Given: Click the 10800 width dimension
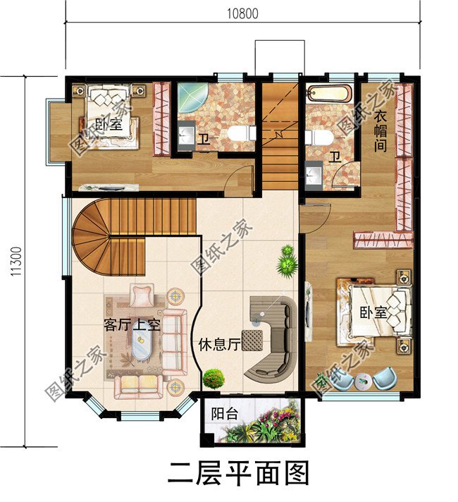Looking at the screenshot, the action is click(242, 14).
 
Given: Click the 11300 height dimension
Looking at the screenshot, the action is click(16, 262).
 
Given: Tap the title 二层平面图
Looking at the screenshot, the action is click(238, 474).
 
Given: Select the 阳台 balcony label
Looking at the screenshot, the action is click(224, 414).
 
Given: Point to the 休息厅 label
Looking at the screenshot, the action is click(219, 345).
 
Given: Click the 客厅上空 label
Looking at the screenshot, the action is click(132, 325).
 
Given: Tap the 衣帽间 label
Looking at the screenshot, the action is click(380, 131).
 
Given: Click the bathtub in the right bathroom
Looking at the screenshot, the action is click(330, 93).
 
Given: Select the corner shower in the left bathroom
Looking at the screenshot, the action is click(192, 97).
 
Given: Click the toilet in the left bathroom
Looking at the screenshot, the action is click(242, 133).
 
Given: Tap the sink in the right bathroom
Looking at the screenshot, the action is click(314, 176).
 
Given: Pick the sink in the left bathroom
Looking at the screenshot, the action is click(186, 136).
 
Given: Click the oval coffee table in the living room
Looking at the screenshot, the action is click(141, 345).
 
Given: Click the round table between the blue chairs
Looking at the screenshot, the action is click(363, 381).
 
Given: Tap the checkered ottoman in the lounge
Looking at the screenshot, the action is click(252, 340).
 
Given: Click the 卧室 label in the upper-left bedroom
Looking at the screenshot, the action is click(109, 123).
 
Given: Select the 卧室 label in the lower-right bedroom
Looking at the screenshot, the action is click(373, 312).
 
